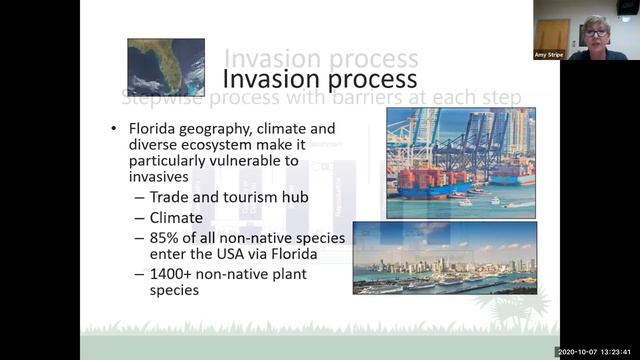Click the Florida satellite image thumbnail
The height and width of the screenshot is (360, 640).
coord(165,67)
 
